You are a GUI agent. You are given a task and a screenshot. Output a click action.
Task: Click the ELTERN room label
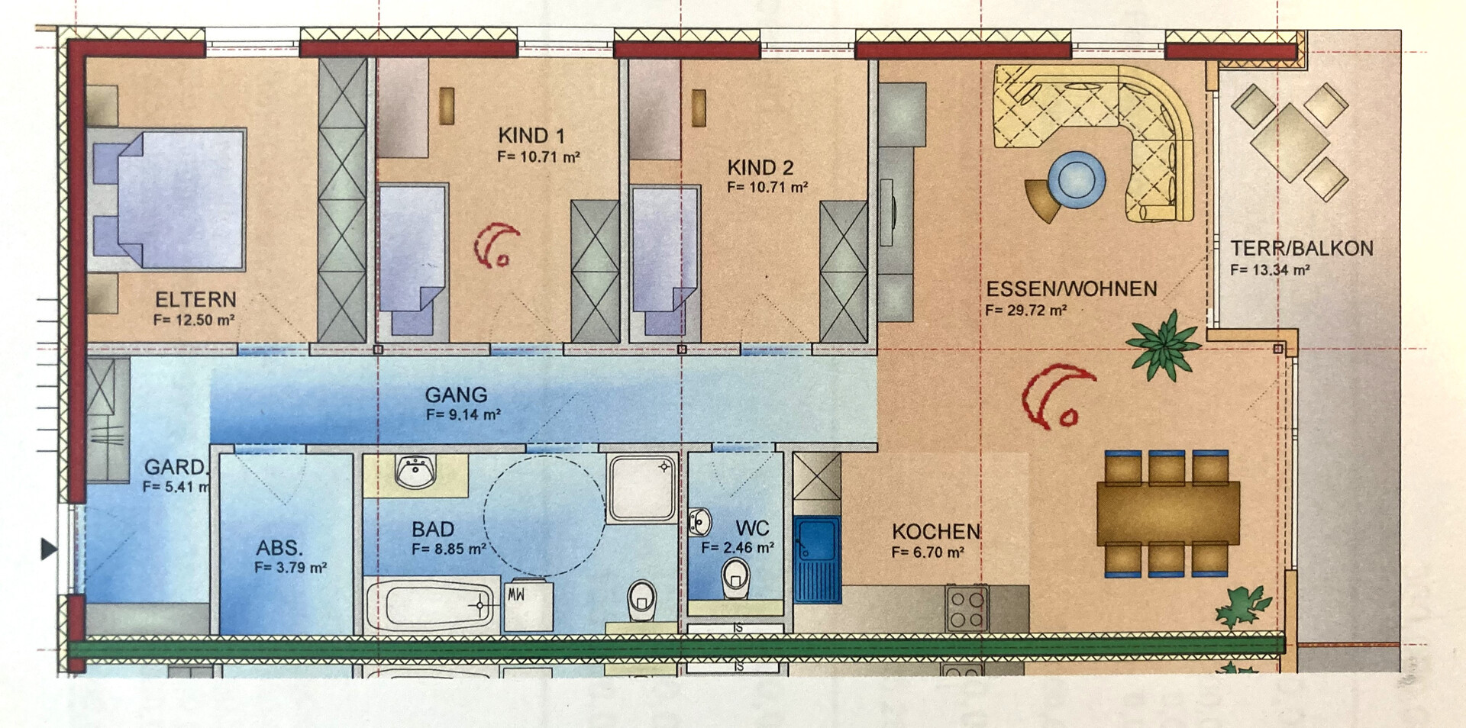(x=195, y=299)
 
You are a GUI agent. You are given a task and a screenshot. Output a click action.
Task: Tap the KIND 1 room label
(x=531, y=136)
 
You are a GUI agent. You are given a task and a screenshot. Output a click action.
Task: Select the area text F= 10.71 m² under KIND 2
(x=767, y=187)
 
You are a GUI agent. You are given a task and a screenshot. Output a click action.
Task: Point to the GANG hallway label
(x=456, y=395)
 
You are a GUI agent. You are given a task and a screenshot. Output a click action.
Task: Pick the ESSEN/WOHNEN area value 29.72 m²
(x=1025, y=310)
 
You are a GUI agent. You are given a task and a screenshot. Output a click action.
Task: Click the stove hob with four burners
(x=967, y=608)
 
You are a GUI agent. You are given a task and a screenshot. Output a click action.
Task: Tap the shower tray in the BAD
(x=642, y=488)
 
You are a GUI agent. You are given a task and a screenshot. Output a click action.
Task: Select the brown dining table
(x=1168, y=514)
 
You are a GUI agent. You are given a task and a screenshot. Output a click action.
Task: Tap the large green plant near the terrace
(x=1163, y=345)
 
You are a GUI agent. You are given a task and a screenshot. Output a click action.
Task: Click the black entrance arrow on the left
(x=49, y=549)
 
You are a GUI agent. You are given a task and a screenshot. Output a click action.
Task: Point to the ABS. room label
(x=279, y=548)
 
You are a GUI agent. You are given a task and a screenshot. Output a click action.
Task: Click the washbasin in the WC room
(x=699, y=522)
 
